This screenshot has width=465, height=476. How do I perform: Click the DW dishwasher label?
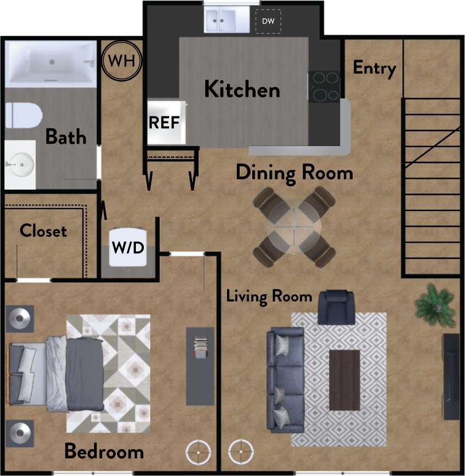(268, 21)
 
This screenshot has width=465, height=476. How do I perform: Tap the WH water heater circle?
(122, 60)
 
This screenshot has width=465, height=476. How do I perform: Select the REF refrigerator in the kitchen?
(166, 122)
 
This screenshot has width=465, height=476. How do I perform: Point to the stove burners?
(325, 86)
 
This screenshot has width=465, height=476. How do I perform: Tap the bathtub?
(50, 63)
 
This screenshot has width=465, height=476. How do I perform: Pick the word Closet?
(43, 231)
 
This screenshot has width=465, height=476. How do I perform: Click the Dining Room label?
(294, 172)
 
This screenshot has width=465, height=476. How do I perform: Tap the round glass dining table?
(294, 226)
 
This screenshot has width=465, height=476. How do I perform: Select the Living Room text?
(269, 296)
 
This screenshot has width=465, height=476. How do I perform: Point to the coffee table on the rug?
(345, 379)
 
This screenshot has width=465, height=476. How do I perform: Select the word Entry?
(374, 68)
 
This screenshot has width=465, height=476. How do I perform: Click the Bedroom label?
(104, 451)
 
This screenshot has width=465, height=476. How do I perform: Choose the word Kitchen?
(242, 90)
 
